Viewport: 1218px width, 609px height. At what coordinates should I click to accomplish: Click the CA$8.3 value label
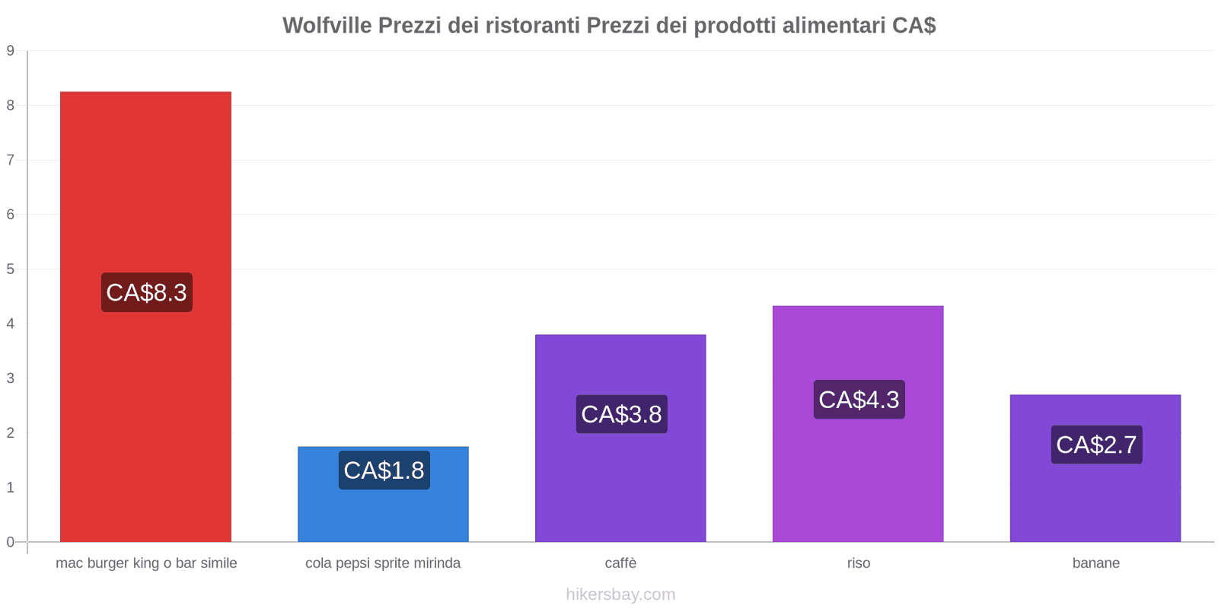pos(146,292)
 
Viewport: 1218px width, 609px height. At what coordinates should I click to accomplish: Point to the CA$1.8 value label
pos(384,470)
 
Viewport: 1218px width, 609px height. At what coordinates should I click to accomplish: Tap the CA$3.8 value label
pos(621,414)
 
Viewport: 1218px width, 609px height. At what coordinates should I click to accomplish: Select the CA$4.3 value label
pos(859,400)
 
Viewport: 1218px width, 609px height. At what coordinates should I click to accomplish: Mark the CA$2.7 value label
pos(1096,445)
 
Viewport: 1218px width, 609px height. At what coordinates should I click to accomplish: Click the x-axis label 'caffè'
pos(620,563)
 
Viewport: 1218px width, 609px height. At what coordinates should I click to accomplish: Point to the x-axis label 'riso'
pos(858,563)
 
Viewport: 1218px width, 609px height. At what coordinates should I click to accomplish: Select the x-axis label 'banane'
pos(1095,563)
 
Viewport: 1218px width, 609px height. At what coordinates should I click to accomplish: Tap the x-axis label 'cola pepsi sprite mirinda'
pos(383,563)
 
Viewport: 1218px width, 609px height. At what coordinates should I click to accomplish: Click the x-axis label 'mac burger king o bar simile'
pos(146,563)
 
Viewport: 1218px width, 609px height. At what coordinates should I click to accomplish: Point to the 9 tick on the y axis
pos(11,51)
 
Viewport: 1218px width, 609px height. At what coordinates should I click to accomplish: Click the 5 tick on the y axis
pos(11,269)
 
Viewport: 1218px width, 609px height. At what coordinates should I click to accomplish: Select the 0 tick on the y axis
pos(11,542)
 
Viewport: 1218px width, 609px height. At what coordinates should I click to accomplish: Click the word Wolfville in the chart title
pos(327,25)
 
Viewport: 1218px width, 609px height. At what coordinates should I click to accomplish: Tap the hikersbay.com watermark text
pos(620,595)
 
